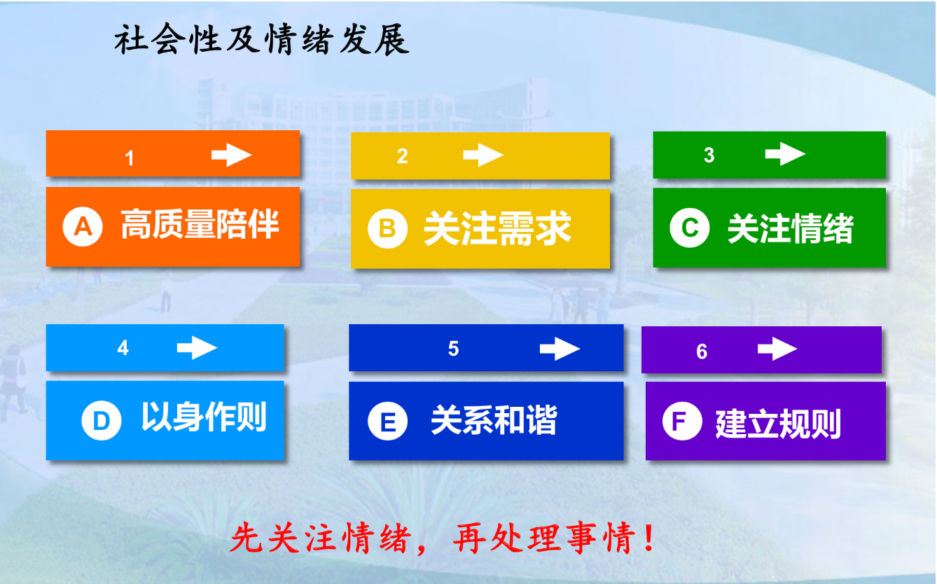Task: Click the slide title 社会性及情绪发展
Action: click(x=262, y=39)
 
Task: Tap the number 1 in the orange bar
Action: click(x=130, y=158)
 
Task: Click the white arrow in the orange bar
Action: click(x=231, y=155)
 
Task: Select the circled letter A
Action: click(x=83, y=226)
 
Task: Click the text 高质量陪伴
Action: click(x=200, y=224)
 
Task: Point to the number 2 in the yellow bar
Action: click(x=403, y=156)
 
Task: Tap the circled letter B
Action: click(x=387, y=228)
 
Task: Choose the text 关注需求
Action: click(x=497, y=228)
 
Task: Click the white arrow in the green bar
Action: click(x=785, y=154)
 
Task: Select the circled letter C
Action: click(x=689, y=228)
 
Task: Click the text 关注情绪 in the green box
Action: click(x=791, y=228)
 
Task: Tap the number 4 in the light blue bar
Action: click(x=123, y=347)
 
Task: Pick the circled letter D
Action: click(x=102, y=420)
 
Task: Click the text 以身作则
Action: click(x=204, y=417)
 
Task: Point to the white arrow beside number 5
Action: click(x=560, y=349)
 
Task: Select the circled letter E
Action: click(x=387, y=421)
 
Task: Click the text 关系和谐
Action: click(x=494, y=420)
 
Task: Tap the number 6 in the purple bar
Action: click(x=702, y=352)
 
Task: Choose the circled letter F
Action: click(x=682, y=421)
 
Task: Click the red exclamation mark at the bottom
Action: click(x=650, y=537)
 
